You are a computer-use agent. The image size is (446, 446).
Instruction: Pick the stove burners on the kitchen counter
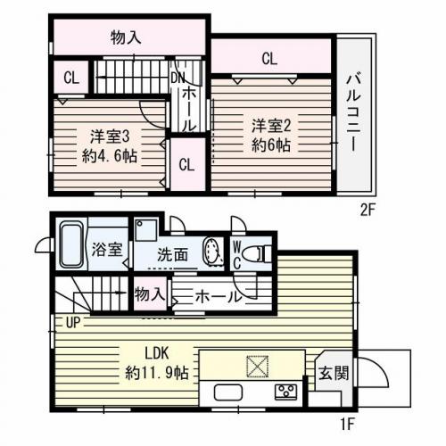[x=286, y=391]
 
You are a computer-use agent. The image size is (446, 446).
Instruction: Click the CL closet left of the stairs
[x=71, y=78]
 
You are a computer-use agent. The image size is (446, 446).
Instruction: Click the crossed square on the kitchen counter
[x=256, y=366]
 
